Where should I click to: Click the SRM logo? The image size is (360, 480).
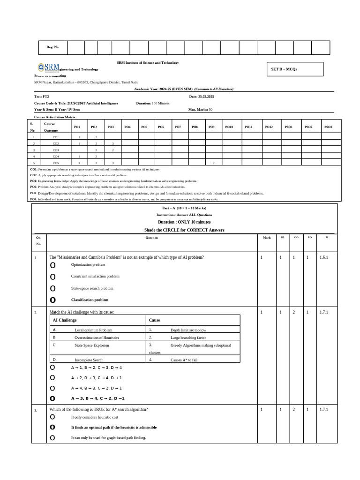(x=48, y=67)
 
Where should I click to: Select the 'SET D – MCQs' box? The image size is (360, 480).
(x=295, y=69)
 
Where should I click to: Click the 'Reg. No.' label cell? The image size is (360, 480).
(x=52, y=48)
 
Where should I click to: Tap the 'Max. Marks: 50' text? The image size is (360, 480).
(x=200, y=110)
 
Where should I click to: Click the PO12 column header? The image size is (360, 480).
(x=269, y=127)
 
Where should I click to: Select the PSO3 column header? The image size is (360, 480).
(x=328, y=127)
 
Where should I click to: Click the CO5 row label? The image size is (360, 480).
(x=56, y=163)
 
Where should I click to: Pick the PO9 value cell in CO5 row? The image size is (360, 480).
(x=213, y=163)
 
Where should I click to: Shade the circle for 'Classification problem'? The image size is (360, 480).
(x=52, y=300)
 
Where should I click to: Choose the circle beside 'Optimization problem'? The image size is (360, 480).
(x=52, y=265)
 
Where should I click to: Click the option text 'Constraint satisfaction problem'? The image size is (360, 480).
(x=95, y=277)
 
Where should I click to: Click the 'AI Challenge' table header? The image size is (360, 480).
(x=64, y=320)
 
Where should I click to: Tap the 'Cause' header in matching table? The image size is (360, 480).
(x=154, y=320)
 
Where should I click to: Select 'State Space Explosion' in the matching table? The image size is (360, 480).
(x=92, y=345)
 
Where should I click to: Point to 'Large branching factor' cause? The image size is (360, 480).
(x=188, y=337)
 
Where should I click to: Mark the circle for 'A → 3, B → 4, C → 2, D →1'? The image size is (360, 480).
(x=52, y=398)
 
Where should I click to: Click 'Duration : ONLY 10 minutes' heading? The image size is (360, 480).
(x=184, y=222)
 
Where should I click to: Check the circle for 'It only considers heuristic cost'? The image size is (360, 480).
(x=52, y=417)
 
